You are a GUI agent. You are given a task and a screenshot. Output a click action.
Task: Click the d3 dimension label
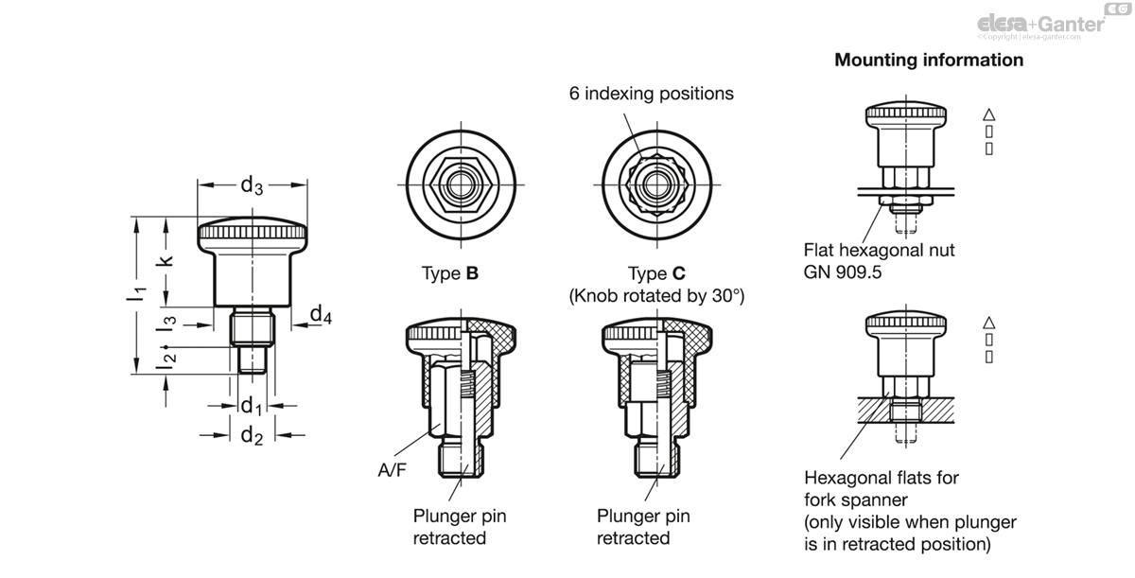point(252,185)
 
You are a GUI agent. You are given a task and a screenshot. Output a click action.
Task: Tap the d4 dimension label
point(321,315)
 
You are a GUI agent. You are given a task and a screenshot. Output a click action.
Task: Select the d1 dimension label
point(250,407)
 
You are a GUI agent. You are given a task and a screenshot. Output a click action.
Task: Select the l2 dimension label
point(167,357)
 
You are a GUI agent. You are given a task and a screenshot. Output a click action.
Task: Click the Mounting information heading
point(928,61)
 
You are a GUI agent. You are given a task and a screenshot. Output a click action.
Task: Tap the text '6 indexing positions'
point(651,94)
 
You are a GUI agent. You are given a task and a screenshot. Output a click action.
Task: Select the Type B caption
point(450,274)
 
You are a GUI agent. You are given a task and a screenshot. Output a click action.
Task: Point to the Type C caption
point(656,274)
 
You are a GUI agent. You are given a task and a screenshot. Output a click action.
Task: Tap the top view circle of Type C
point(656,183)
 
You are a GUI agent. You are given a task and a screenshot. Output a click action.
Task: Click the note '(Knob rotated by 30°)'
point(656,296)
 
